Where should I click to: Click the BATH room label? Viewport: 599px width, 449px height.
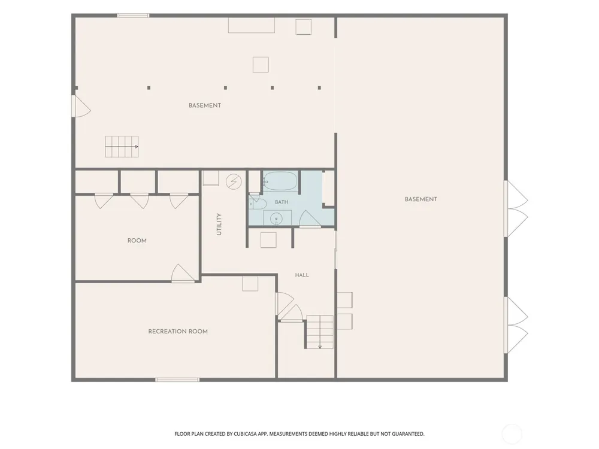[282, 202]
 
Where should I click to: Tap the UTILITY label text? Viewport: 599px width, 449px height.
[219, 224]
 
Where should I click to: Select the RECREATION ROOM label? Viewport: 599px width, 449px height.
[178, 332]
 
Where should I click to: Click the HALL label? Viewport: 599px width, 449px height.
[302, 275]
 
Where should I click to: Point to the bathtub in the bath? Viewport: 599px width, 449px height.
[280, 181]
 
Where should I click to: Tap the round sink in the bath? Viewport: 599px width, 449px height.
[276, 219]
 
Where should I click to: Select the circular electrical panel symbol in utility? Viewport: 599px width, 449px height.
[234, 182]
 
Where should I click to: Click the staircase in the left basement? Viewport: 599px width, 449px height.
[122, 147]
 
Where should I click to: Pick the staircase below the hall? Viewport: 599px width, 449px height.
[320, 332]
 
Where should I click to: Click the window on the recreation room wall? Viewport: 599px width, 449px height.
[177, 380]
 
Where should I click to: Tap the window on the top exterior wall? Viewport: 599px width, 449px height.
[133, 16]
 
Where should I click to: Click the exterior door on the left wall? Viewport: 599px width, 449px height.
[81, 106]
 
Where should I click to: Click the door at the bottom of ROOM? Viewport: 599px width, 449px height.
[183, 273]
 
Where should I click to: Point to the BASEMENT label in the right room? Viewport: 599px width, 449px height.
[421, 199]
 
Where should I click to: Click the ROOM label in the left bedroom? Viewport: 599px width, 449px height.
[137, 241]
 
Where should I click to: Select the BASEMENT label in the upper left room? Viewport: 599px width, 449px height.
[205, 105]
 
